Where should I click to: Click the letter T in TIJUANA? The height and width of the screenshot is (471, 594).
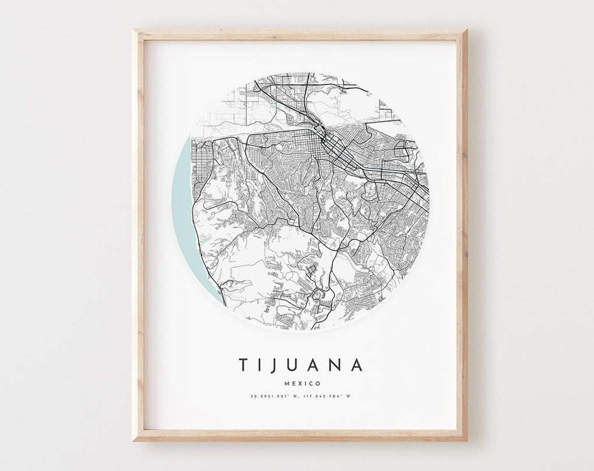pyautogui.click(x=243, y=365)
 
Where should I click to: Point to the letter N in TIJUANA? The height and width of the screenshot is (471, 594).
pyautogui.click(x=337, y=365)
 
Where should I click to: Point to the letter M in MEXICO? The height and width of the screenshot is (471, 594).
pyautogui.click(x=286, y=383)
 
